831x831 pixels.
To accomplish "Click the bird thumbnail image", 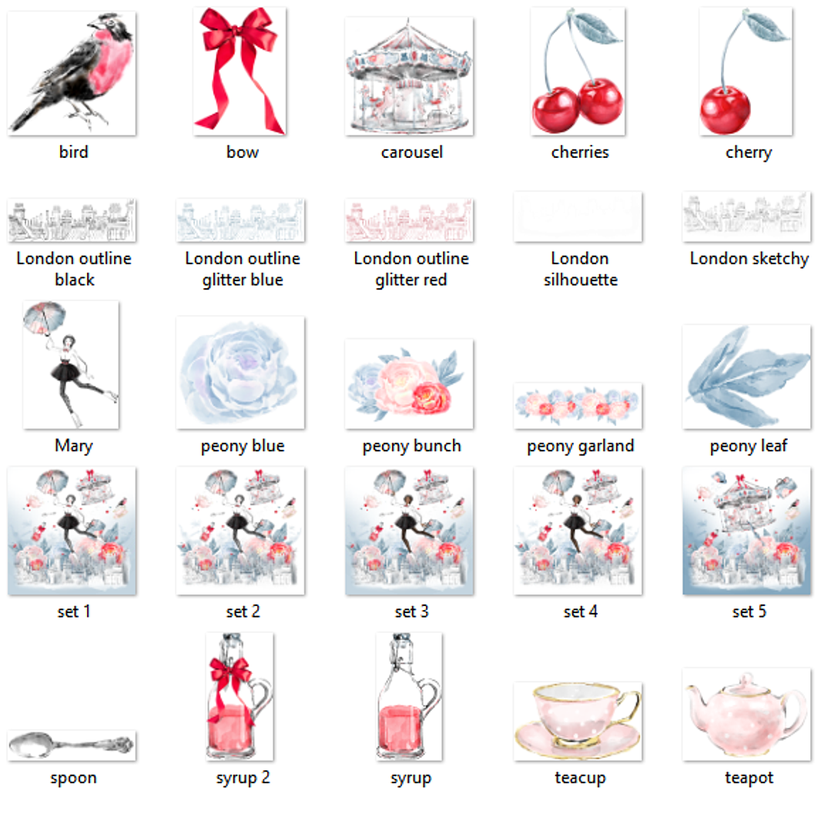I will point(72,73).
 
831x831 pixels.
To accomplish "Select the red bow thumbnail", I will point(240,71).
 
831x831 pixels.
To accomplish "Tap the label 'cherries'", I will point(580,152).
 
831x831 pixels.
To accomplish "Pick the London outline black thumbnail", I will point(72,220).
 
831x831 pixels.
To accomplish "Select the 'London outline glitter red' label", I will point(410,269).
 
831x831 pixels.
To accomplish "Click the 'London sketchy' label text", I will point(749,259).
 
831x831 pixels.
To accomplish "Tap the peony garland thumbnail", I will point(578,405).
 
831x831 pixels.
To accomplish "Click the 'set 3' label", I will point(410,612).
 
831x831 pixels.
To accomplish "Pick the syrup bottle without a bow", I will point(408,697).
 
